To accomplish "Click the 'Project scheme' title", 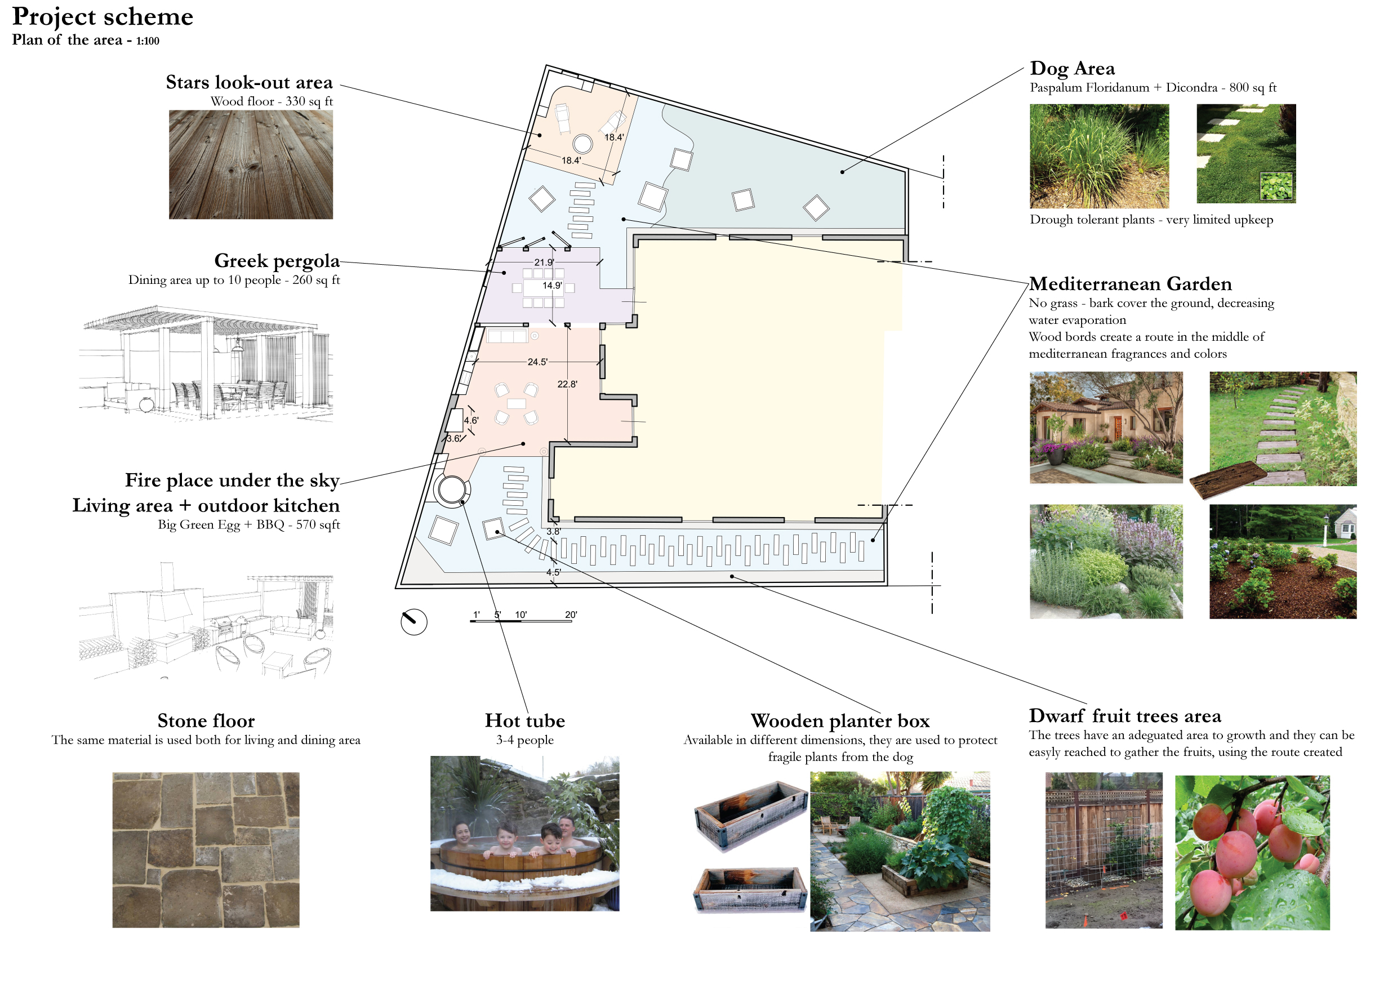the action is pyautogui.click(x=102, y=17).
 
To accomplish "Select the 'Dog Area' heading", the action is pyautogui.click(x=1072, y=68).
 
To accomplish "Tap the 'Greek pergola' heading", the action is pyautogui.click(x=277, y=261).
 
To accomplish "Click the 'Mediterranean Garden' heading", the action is pyautogui.click(x=1130, y=284).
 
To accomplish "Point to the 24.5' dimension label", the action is pyautogui.click(x=537, y=362).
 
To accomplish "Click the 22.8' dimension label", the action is pyautogui.click(x=567, y=385).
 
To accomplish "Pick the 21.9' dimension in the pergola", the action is pyautogui.click(x=544, y=263).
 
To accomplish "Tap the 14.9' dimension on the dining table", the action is pyautogui.click(x=553, y=286).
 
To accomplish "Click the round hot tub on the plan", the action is pyautogui.click(x=451, y=489).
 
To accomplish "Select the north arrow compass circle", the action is pyautogui.click(x=413, y=622).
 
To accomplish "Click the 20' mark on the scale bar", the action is pyautogui.click(x=570, y=615).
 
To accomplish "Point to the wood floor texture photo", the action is pyautogui.click(x=251, y=164).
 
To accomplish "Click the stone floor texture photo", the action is pyautogui.click(x=206, y=850).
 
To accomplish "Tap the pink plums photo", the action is pyautogui.click(x=1252, y=852).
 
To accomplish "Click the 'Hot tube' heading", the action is pyautogui.click(x=524, y=721).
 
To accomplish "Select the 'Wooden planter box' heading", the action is pyautogui.click(x=840, y=721).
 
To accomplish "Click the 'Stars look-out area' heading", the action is pyautogui.click(x=249, y=83).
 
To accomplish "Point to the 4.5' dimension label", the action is pyautogui.click(x=553, y=572).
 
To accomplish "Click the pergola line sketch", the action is pyautogui.click(x=206, y=363).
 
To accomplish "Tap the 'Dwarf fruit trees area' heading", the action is pyautogui.click(x=1124, y=716).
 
